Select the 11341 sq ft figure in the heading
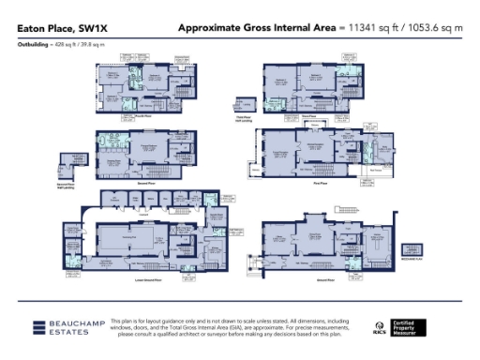372,29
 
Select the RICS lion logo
378,327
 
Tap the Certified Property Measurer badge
412,327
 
